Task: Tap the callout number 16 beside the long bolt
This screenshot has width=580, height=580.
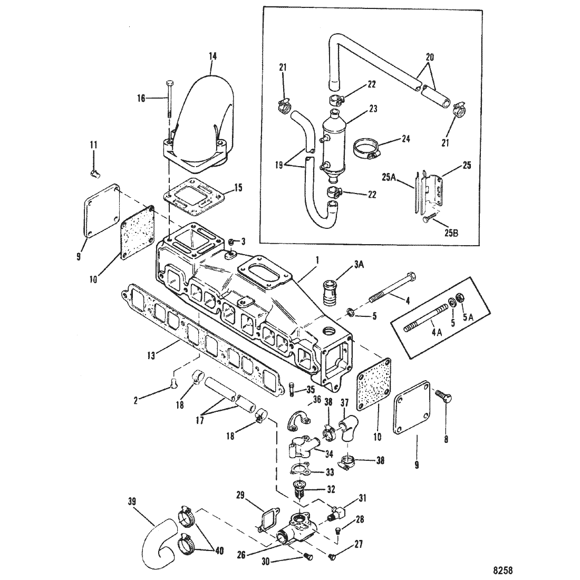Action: click(x=141, y=99)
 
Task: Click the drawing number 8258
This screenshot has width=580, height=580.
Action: click(x=502, y=571)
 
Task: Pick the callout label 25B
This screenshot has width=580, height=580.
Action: click(x=450, y=234)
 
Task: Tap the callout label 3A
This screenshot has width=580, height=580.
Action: click(x=359, y=264)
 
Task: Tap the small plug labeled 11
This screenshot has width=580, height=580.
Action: click(x=96, y=172)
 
